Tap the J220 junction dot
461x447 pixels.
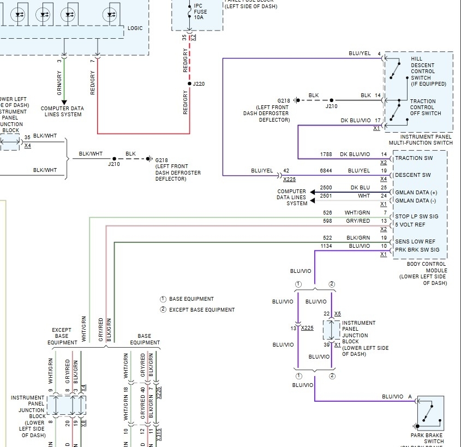(x=189, y=84)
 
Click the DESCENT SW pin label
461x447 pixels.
(x=412, y=175)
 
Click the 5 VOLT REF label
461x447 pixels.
(x=411, y=224)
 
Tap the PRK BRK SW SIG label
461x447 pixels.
(x=417, y=249)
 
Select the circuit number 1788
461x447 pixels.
(x=326, y=154)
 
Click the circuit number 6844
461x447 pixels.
(x=326, y=171)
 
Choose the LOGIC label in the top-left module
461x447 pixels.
(x=135, y=28)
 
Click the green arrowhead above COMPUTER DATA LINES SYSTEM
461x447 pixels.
(x=64, y=102)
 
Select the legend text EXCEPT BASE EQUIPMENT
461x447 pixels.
(x=202, y=310)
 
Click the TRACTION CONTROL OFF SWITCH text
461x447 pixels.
(x=426, y=107)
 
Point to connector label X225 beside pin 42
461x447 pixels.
(x=289, y=179)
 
